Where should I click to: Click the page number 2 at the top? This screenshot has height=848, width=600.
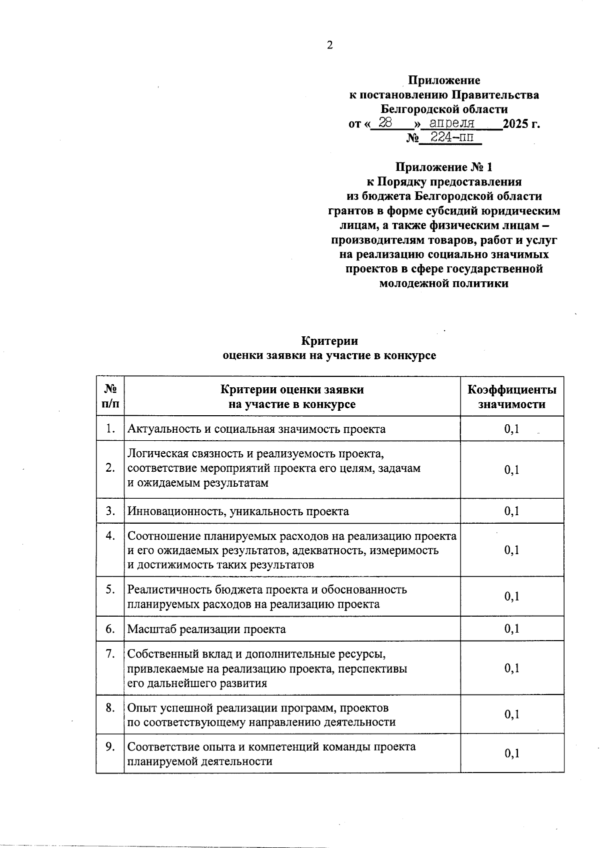pyautogui.click(x=329, y=45)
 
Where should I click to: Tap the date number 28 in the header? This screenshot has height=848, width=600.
pyautogui.click(x=385, y=123)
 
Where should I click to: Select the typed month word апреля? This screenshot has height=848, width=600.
pyautogui.click(x=452, y=123)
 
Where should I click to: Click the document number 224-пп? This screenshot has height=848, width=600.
pyautogui.click(x=451, y=137)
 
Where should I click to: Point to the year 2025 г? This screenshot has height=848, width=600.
pyautogui.click(x=521, y=124)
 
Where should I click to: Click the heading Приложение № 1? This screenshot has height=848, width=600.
pyautogui.click(x=444, y=167)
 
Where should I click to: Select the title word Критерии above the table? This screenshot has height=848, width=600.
pyautogui.click(x=329, y=341)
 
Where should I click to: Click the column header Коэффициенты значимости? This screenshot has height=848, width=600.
pyautogui.click(x=511, y=397)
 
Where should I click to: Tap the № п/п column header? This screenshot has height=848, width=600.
pyautogui.click(x=110, y=397)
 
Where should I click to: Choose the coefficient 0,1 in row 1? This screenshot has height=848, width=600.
pyautogui.click(x=511, y=429)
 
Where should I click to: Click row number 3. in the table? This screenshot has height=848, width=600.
pyautogui.click(x=110, y=511)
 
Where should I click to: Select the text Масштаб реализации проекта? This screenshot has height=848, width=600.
pyautogui.click(x=206, y=629)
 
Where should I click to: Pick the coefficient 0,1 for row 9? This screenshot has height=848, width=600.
pyautogui.click(x=511, y=754)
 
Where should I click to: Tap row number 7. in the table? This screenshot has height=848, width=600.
pyautogui.click(x=110, y=654)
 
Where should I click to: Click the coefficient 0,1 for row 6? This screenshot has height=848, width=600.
pyautogui.click(x=511, y=629)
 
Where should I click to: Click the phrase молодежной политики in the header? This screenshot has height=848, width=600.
pyautogui.click(x=444, y=284)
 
